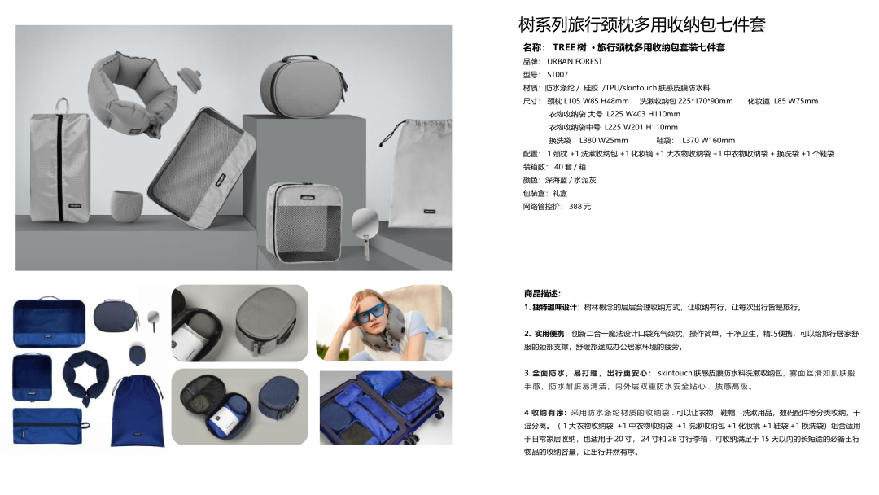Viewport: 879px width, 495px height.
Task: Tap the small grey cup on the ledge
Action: [126, 206]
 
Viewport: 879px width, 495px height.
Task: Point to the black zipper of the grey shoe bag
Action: [59, 166]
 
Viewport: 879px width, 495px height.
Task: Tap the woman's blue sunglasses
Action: [368, 313]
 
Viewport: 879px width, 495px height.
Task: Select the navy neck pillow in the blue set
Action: [85, 375]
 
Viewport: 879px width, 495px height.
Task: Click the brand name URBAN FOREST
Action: [575, 61]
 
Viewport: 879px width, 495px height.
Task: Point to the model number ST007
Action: [558, 75]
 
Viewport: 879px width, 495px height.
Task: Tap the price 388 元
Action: [579, 206]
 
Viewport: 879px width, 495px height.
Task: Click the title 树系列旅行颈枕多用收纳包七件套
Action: [642, 24]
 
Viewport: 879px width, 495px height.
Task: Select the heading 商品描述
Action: [541, 293]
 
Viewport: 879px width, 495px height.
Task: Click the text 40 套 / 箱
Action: [570, 167]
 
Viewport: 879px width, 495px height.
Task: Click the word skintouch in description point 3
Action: [675, 373]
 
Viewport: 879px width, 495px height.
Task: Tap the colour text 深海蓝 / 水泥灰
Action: [571, 180]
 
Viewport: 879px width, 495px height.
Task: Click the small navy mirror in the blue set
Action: [152, 322]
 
